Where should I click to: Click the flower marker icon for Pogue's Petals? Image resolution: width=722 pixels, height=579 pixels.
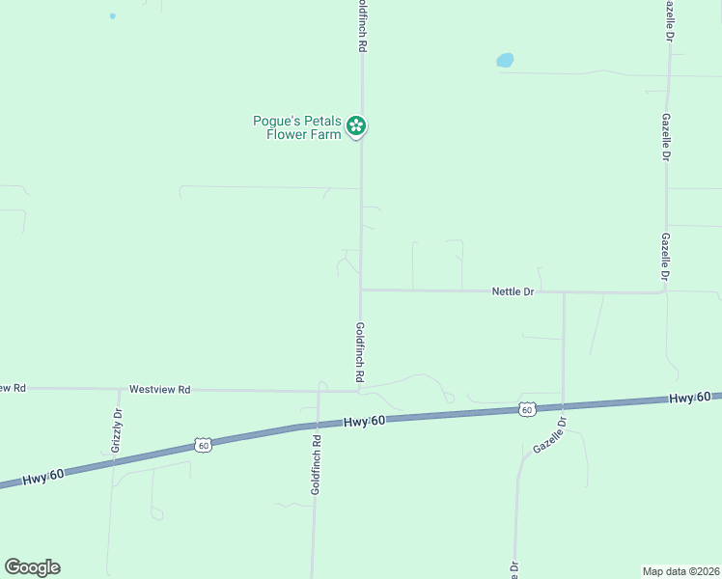(x=356, y=125)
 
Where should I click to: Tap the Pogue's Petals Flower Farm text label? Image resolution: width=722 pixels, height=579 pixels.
(x=297, y=127)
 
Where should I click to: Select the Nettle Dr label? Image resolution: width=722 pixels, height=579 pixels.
(x=513, y=290)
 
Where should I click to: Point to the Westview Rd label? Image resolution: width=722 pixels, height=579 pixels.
(x=159, y=390)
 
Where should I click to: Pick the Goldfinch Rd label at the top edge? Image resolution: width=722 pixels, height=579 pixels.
(x=362, y=26)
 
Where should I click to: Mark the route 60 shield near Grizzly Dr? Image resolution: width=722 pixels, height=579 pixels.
(x=202, y=445)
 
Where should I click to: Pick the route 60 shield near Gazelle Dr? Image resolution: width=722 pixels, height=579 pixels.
(x=526, y=409)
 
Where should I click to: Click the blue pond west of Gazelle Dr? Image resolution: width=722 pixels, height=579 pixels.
(x=505, y=60)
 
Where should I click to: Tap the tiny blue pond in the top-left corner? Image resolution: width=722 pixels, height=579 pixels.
(x=113, y=16)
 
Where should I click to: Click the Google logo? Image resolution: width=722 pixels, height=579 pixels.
(x=32, y=567)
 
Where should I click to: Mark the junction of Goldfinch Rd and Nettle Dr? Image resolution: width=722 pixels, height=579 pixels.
(x=361, y=289)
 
